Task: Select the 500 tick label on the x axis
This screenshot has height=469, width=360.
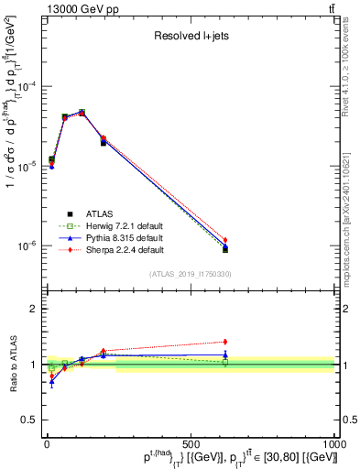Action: tap(191, 443)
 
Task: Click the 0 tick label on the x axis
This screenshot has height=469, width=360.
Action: tap(47, 443)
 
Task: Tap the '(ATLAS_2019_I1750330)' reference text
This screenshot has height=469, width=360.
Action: tap(191, 274)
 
